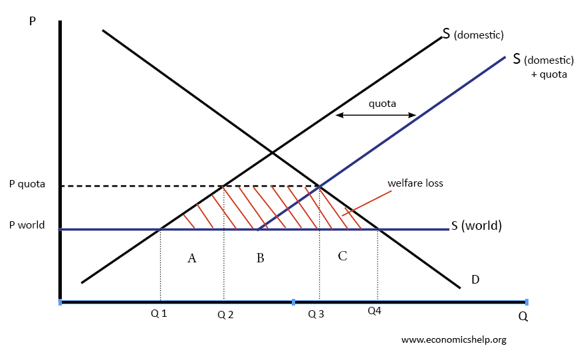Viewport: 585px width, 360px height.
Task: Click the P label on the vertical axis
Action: tap(33, 21)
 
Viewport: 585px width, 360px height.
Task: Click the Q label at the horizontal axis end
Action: tap(523, 317)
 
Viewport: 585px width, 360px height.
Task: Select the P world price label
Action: tap(27, 225)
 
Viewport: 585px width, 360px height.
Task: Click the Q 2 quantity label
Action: tap(225, 314)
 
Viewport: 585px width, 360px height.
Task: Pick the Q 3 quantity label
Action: tap(316, 314)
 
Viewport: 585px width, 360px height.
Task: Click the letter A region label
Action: tap(191, 259)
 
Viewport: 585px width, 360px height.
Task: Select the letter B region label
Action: tap(260, 259)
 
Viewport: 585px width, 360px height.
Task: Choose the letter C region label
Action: tap(342, 256)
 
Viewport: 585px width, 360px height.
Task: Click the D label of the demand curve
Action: tap(475, 280)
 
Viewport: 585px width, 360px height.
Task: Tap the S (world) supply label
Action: tap(476, 226)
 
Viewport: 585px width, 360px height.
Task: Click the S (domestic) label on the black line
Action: tap(473, 34)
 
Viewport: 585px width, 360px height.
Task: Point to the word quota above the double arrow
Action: tap(382, 104)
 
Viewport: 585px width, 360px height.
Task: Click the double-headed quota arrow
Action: tap(376, 116)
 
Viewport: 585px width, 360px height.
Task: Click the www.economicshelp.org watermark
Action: tap(454, 339)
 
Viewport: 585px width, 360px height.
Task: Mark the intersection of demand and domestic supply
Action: tap(272, 154)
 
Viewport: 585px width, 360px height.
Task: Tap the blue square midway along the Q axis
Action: tap(293, 302)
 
